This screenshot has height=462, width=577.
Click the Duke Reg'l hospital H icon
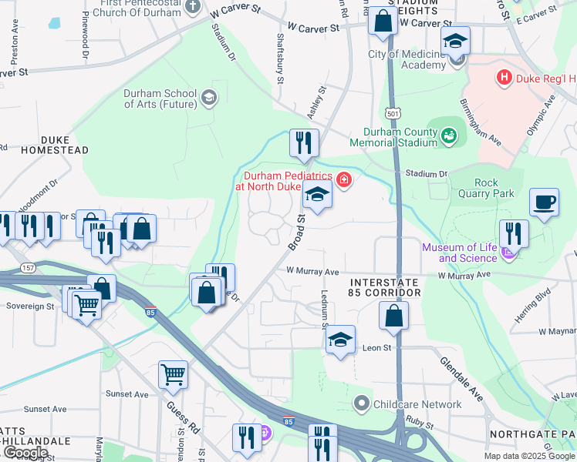click(x=504, y=78)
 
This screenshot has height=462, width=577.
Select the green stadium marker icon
click(x=449, y=136)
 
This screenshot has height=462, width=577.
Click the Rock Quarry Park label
click(x=483, y=188)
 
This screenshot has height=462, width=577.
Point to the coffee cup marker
click(x=544, y=203)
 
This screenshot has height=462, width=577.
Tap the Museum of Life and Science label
click(x=459, y=253)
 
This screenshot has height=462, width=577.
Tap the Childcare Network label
click(x=417, y=403)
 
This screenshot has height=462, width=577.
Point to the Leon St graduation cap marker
click(x=340, y=340)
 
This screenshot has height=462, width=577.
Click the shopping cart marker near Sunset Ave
click(x=173, y=375)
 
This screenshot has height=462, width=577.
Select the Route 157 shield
click(x=29, y=267)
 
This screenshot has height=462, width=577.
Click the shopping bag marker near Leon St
click(x=393, y=315)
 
